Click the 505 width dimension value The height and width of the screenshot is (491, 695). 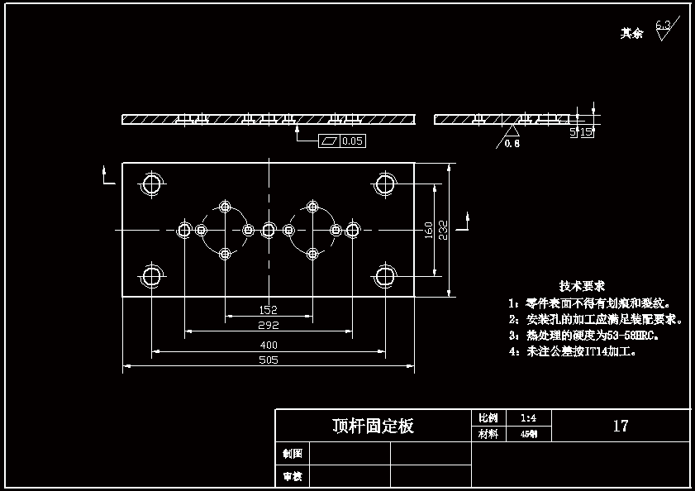[x=268, y=360]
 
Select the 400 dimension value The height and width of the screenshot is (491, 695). [x=268, y=345]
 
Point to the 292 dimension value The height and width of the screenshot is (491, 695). [x=268, y=326]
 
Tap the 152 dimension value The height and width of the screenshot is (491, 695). [x=268, y=310]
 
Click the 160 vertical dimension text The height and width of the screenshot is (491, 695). [x=429, y=229]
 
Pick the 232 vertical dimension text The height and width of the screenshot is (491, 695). [x=443, y=229]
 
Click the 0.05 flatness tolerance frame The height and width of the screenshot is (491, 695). [x=342, y=141]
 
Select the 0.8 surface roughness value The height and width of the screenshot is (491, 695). [x=512, y=143]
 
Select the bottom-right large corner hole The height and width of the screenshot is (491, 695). [x=385, y=275]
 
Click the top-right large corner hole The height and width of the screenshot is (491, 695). [x=385, y=184]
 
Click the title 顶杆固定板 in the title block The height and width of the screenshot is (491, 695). [x=373, y=427]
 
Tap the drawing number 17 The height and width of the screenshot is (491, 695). [x=621, y=427]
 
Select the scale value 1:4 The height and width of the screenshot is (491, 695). [x=529, y=418]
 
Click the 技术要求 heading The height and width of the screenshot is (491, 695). [x=582, y=286]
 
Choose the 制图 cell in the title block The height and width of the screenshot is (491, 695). [x=293, y=453]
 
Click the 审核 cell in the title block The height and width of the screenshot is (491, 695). [x=293, y=477]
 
